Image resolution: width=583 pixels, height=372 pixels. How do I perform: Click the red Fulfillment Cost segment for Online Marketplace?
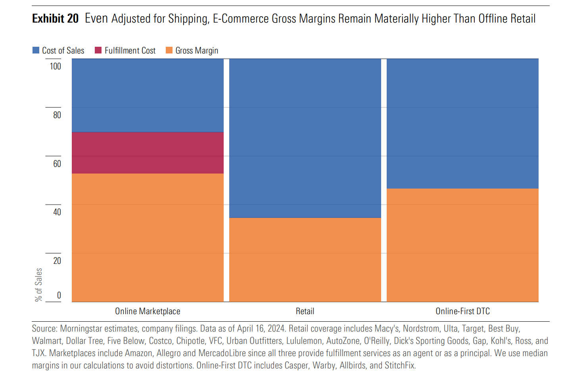(148, 153)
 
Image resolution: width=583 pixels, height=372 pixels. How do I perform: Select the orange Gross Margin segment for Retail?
(305, 259)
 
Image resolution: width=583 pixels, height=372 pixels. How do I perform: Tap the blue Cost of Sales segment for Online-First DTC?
(462, 123)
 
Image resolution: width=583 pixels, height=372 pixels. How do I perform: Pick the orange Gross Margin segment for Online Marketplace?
(148, 238)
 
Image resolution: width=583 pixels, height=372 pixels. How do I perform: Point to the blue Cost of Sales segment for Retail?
(305, 138)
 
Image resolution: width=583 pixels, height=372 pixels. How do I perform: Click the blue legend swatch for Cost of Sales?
(36, 50)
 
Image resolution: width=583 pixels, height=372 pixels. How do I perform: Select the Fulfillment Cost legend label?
(130, 51)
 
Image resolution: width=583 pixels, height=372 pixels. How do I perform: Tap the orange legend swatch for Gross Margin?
(169, 50)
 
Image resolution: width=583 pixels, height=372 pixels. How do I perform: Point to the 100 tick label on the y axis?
(56, 66)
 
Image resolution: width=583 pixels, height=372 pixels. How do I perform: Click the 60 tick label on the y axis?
(57, 164)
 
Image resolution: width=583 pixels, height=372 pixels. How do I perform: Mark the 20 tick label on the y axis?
(57, 261)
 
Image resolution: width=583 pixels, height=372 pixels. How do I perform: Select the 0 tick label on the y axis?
(59, 295)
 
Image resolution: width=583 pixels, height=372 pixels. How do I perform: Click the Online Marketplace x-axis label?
(148, 311)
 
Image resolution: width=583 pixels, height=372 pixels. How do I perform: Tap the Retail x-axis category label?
(305, 311)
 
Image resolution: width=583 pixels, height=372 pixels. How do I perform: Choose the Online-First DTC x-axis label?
(462, 311)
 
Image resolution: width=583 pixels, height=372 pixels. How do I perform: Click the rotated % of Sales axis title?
(38, 284)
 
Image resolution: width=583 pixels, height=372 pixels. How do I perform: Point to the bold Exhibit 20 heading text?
(56, 19)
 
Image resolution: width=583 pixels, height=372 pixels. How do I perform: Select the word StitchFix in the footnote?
(400, 365)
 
